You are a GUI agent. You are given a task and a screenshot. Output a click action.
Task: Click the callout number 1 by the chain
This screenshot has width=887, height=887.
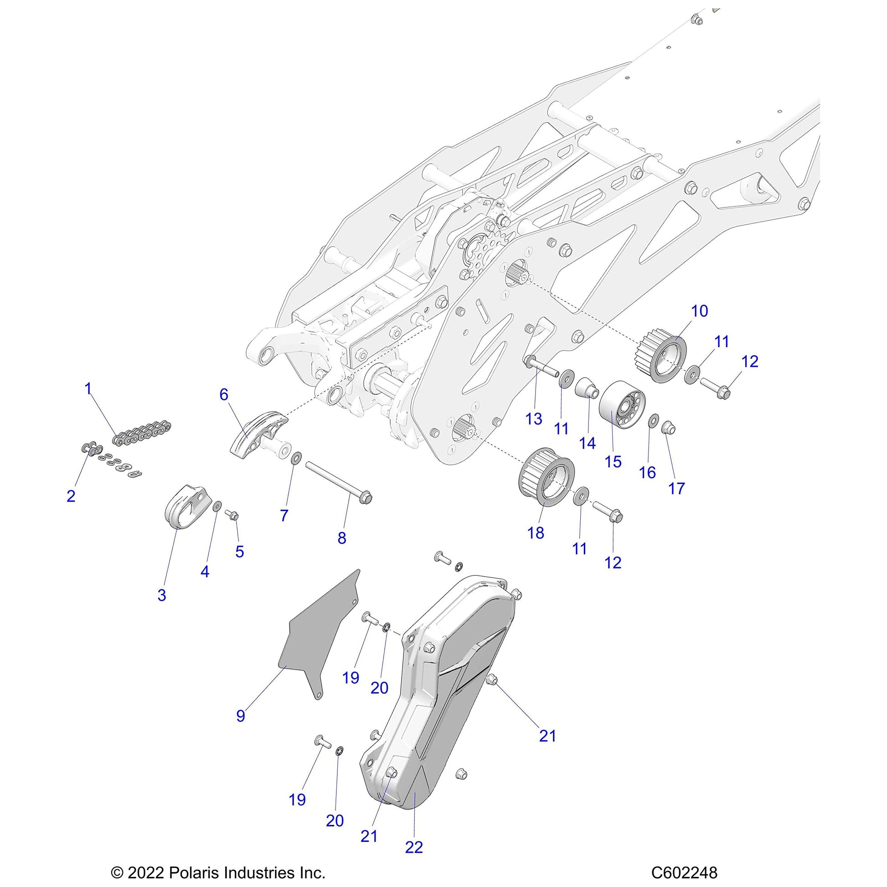click(88, 389)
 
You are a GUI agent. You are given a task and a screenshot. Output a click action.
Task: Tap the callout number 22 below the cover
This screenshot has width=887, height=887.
click(414, 847)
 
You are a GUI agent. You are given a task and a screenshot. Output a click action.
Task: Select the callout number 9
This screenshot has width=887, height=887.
click(241, 716)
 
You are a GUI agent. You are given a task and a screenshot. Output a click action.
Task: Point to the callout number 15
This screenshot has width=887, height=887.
click(613, 461)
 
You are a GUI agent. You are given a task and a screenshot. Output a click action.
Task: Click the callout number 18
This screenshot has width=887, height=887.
click(536, 532)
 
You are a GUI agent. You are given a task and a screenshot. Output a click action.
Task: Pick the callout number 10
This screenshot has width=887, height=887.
click(700, 311)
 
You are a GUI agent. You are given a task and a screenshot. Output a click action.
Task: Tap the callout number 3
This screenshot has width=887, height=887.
click(162, 595)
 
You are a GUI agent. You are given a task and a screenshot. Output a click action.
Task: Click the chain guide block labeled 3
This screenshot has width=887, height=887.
click(184, 507)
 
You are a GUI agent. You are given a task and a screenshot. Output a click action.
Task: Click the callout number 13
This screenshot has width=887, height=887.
click(534, 418)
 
